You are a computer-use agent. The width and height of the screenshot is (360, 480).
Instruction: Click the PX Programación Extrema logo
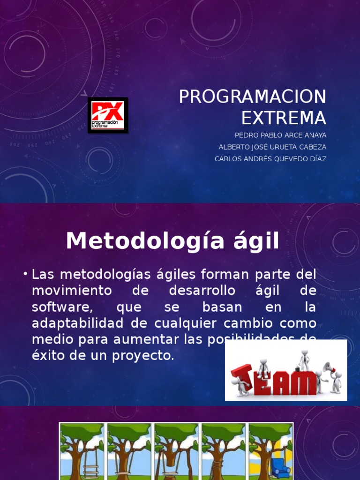(x=107, y=115)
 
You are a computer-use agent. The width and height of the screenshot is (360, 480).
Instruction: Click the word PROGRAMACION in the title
(x=252, y=97)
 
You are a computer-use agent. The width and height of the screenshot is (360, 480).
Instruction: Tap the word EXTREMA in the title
(x=283, y=118)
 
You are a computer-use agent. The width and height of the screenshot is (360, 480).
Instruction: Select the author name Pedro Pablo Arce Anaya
(x=280, y=135)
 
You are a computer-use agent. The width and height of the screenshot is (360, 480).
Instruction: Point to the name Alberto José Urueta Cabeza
(x=272, y=147)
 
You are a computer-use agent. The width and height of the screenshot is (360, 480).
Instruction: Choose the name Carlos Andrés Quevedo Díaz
(x=270, y=159)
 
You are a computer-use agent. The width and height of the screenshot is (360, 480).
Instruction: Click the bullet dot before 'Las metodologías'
(x=25, y=274)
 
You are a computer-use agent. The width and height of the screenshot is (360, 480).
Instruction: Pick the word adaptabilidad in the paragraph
(x=79, y=324)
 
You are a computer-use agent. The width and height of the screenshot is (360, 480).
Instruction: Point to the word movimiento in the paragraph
(x=72, y=291)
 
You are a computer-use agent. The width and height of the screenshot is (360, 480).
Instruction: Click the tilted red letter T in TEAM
(x=243, y=377)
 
